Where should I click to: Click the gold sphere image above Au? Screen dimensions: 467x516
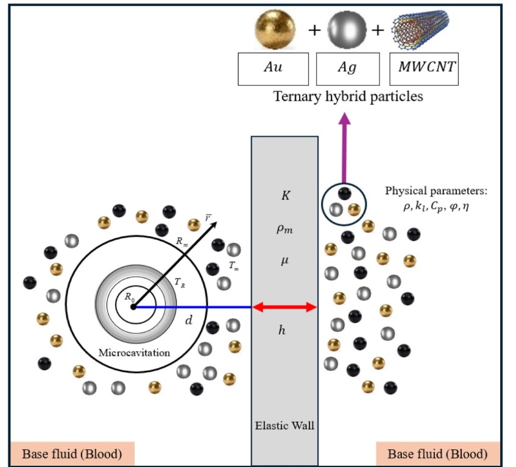pos(274,29)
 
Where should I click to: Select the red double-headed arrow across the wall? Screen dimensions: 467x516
pos(285,307)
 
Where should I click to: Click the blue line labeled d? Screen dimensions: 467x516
pos(192,307)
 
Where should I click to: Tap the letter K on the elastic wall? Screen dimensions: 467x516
pos(285,197)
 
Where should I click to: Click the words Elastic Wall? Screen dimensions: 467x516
pos(285,425)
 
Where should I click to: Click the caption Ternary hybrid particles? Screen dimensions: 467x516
pos(348,96)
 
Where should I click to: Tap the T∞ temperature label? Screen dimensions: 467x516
pos(234,265)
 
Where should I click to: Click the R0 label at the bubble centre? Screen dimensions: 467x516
pos(129,297)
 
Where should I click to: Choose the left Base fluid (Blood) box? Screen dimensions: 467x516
pos(72,454)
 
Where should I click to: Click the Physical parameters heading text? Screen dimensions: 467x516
pos(436,191)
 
